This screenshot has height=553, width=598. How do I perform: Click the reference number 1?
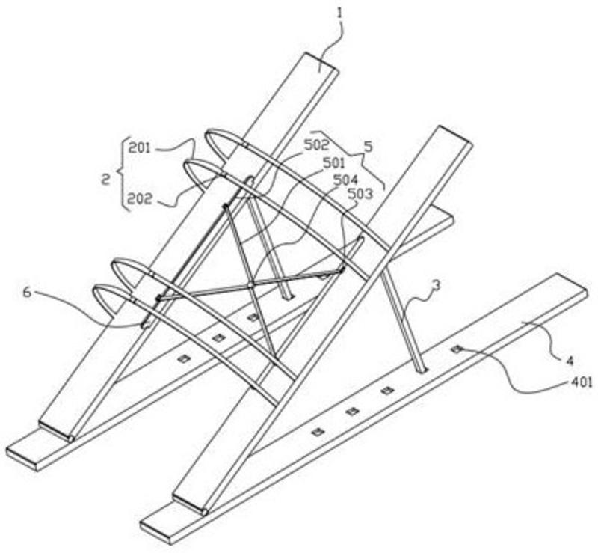pyautogui.click(x=340, y=12)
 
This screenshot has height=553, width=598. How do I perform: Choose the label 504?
pyautogui.click(x=346, y=180)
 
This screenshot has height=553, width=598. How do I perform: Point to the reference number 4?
pyautogui.click(x=569, y=361)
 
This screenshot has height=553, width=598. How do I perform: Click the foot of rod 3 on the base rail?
pyautogui.click(x=421, y=368)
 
